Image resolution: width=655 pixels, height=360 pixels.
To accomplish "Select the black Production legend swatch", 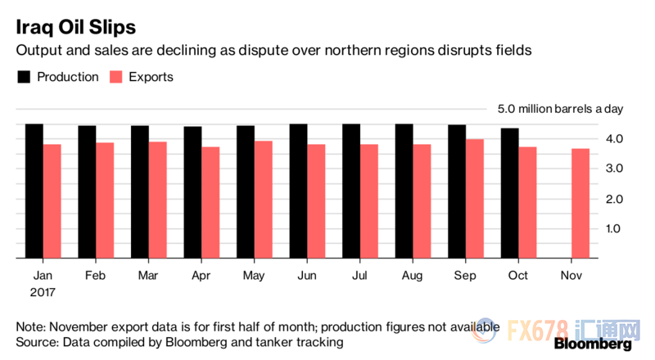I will point(25,77).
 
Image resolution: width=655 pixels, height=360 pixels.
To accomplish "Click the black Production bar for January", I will point(34,191).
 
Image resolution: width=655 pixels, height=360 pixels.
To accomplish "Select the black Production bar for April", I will point(193,192).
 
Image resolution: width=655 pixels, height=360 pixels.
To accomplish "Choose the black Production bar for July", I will point(351,191).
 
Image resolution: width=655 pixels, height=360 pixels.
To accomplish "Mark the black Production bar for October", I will point(510,193).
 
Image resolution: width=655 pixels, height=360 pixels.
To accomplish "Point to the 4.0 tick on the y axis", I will point(613,138).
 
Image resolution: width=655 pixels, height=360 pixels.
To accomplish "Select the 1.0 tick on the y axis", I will point(613,228).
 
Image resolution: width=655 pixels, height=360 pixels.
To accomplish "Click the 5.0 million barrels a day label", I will point(561,110).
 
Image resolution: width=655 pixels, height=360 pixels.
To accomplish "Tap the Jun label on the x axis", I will point(308,275).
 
